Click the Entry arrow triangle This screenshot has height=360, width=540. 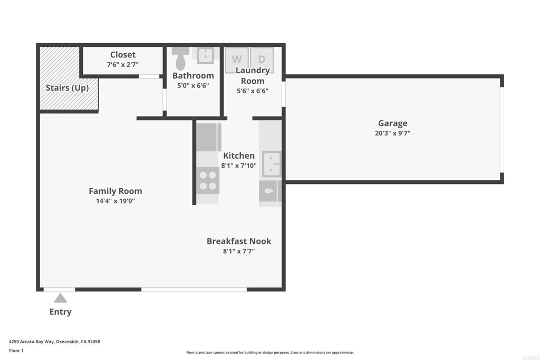click(x=60, y=298)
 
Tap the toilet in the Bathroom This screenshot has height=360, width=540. click(x=180, y=59)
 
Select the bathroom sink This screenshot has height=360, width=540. click(x=205, y=55)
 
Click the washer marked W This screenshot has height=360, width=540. click(x=237, y=60)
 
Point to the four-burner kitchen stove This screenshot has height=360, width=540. click(x=208, y=180)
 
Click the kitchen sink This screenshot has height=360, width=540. click(x=272, y=164)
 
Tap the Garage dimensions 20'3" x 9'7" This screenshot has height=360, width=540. click(x=392, y=133)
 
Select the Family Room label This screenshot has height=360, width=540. click(x=115, y=191)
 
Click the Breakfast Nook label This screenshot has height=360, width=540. click(x=239, y=241)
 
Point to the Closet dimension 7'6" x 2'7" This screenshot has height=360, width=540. click(x=123, y=64)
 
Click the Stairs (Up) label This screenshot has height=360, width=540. click(x=67, y=88)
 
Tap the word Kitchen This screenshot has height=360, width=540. click(x=239, y=155)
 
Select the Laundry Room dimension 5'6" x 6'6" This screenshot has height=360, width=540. click(x=253, y=91)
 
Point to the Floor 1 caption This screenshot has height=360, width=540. click(x=16, y=351)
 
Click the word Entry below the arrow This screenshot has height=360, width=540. click(x=60, y=312)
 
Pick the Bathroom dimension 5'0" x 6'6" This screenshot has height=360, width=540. click(x=193, y=85)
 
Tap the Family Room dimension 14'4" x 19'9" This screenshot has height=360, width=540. click(x=115, y=201)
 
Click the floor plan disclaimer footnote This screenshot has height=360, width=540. click(x=269, y=353)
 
